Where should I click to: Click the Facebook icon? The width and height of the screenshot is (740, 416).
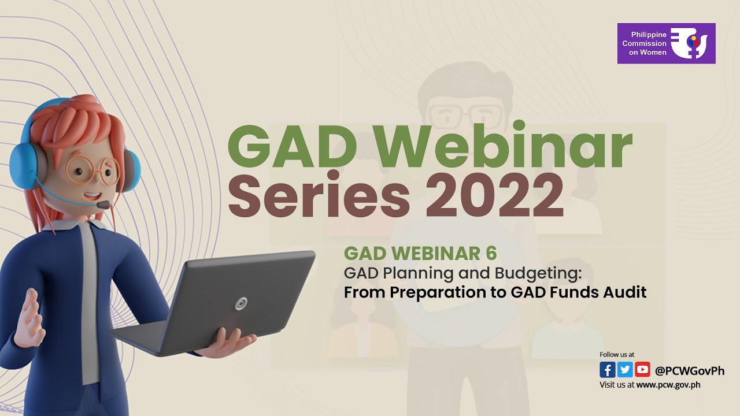pos(607,370)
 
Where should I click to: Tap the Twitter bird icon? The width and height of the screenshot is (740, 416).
pos(624,370)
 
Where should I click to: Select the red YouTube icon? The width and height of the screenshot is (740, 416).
pos(642,370)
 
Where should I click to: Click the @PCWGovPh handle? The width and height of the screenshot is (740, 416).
pos(689,370)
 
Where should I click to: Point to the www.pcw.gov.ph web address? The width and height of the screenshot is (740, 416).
pos(668,385)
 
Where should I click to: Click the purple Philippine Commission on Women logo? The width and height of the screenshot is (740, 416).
pos(666,43)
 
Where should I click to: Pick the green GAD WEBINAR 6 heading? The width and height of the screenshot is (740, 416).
pos(420,253)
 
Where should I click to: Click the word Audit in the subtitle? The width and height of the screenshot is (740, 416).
pos(623,292)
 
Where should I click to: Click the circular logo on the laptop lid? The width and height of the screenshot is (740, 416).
pos(240,303)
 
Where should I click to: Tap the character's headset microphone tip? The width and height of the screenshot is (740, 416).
pos(103,205)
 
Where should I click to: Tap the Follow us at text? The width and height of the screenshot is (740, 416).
pos(617,354)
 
